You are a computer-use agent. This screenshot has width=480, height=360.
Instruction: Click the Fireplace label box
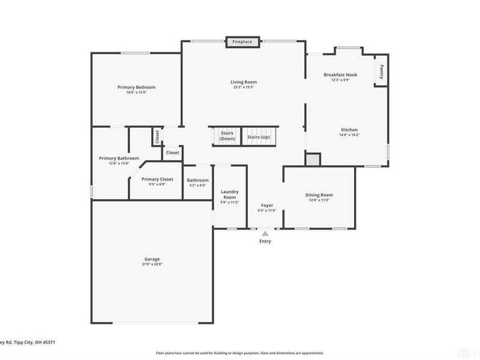pos(242,42)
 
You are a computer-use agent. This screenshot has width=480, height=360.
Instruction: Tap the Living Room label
pos(244,82)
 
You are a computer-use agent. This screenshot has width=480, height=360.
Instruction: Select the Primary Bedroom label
pos(136,88)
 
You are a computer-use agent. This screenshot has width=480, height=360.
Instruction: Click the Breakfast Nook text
pos(340,75)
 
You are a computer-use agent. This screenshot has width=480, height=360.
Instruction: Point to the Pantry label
pos(381,71)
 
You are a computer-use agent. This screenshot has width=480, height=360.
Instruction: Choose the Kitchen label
pos(349,130)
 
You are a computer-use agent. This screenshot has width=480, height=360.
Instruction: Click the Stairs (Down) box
pos(227,136)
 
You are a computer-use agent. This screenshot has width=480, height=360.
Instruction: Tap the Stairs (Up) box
pos(259,137)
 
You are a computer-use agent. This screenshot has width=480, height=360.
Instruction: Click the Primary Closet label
pos(157,179)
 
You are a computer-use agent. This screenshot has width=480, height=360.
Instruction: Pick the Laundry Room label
pos(229,194)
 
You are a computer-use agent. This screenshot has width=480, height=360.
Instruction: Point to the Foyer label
pos(266,205)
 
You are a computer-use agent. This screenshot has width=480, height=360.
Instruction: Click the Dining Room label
pos(319,195)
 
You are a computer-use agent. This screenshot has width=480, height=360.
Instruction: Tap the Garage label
pos(152,259)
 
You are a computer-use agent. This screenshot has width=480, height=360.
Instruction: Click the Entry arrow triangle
pos(265,232)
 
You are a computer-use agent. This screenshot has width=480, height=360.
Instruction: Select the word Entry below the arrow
pos(265,241)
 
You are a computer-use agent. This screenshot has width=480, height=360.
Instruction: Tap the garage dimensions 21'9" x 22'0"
pos(152,264)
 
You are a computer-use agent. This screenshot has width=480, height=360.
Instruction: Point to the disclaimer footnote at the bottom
pos(240,353)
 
